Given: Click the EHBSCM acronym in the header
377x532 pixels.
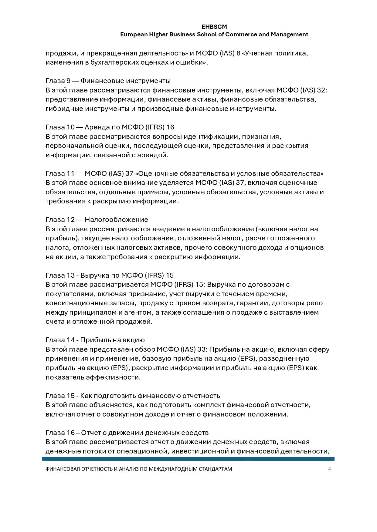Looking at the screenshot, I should point(214,27).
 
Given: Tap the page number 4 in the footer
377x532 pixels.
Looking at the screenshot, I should point(329,469).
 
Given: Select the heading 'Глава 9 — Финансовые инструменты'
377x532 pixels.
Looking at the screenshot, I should point(108,81).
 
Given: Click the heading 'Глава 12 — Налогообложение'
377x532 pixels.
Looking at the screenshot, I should point(97,219).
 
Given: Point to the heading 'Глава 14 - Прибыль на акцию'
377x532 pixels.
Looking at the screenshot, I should point(95,340).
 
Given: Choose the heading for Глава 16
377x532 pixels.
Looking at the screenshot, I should point(127,433).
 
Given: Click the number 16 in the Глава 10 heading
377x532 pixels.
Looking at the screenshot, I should point(170,127).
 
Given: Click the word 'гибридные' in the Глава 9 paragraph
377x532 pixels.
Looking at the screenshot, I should point(62,109).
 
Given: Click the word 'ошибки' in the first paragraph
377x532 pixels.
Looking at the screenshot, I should point(193,62).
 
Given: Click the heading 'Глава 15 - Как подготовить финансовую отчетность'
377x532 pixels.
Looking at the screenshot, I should point(133,396).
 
